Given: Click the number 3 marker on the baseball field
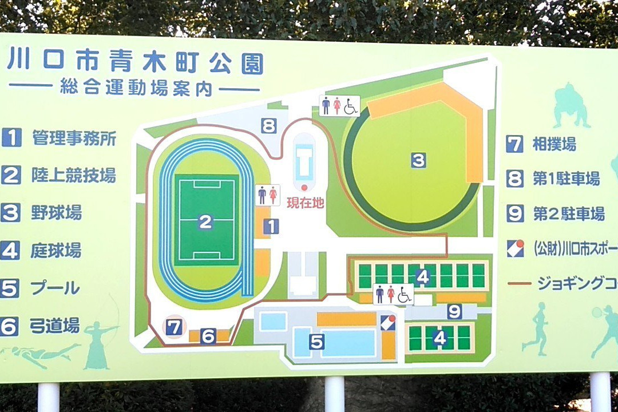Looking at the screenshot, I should (x=419, y=160).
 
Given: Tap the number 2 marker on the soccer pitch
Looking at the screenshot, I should (x=205, y=222).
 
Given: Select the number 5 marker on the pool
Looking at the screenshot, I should (x=316, y=342).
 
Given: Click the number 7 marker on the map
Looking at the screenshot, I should (x=174, y=327).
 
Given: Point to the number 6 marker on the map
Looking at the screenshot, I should (x=208, y=336).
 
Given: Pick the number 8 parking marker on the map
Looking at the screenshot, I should (x=269, y=125).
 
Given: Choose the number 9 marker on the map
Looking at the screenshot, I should (x=454, y=311).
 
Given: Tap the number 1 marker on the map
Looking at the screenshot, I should (x=271, y=226).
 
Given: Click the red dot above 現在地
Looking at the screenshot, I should (x=304, y=187).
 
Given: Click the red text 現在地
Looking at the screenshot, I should (x=305, y=202).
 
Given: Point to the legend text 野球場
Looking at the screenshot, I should (x=57, y=213).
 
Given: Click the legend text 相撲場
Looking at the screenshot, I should (x=554, y=144).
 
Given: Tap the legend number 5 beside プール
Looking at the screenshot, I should (x=10, y=288).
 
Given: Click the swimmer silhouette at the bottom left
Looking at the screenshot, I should (x=43, y=354).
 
